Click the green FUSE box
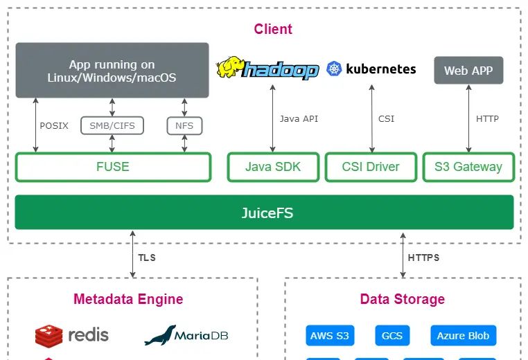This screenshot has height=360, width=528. click(x=113, y=167)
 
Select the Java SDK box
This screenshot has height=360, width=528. click(x=273, y=167)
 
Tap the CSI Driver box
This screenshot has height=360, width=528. click(x=371, y=167)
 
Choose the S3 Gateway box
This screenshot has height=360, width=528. click(x=468, y=167)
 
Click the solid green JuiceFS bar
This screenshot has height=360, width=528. click(x=264, y=213)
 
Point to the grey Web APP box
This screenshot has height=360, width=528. click(x=468, y=71)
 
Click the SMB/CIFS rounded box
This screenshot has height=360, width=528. click(x=112, y=125)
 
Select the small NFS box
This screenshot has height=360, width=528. click(x=184, y=125)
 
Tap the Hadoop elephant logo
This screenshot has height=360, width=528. click(x=230, y=68)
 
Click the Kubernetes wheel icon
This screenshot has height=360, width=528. click(x=335, y=69)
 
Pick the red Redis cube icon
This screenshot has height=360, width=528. click(x=49, y=336)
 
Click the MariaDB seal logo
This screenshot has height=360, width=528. click(x=160, y=335)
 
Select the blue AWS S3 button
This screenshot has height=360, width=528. click(x=330, y=336)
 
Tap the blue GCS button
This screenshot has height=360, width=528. click(x=392, y=336)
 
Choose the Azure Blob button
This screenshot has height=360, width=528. click(x=463, y=336)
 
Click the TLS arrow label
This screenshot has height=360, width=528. click(x=147, y=258)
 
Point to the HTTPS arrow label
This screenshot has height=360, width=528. click(x=423, y=258)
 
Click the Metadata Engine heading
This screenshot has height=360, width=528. click(x=128, y=299)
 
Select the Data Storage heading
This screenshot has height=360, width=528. click(x=403, y=299)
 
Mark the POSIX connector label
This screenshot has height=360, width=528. click(x=54, y=126)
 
